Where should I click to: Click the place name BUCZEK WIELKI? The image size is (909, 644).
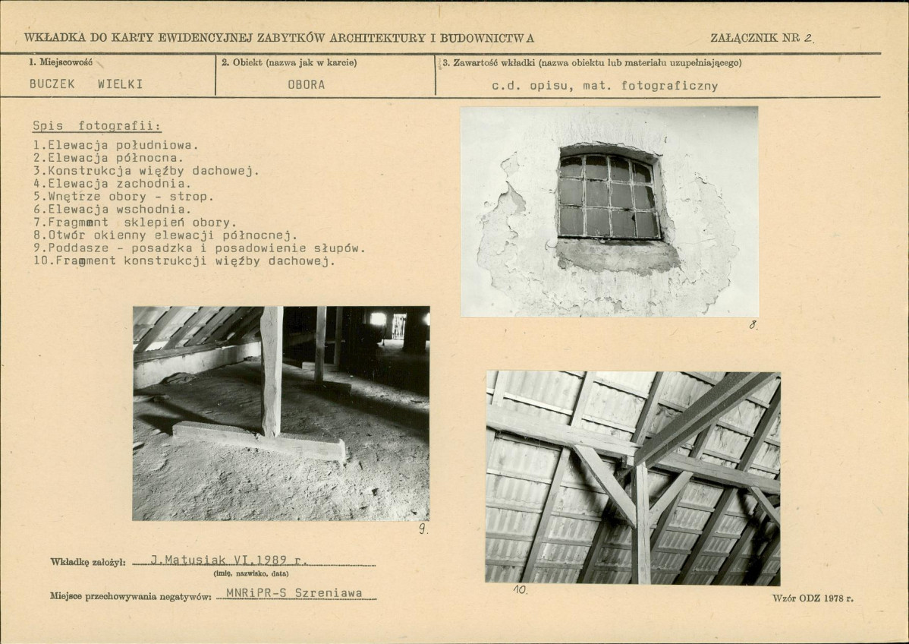[x=86, y=84]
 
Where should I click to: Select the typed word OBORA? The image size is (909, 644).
[x=306, y=85]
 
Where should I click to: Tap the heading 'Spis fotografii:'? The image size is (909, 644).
[x=97, y=126]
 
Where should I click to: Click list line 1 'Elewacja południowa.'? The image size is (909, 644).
[x=116, y=145]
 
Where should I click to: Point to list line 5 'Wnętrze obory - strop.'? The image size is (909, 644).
[x=124, y=196]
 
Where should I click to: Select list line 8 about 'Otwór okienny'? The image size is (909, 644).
[x=165, y=235]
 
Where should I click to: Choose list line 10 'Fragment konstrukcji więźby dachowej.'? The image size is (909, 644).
[x=184, y=260]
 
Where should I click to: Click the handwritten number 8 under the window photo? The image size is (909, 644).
[x=753, y=325]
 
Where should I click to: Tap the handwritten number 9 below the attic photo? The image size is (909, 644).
[x=423, y=529]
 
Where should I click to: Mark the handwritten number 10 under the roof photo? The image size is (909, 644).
[x=520, y=589]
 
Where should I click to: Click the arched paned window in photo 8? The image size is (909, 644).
[x=609, y=194]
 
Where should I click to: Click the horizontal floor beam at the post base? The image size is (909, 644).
[x=259, y=441]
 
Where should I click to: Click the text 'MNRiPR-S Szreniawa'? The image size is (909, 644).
[x=294, y=593]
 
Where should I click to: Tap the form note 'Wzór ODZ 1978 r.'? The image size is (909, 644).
[x=813, y=598]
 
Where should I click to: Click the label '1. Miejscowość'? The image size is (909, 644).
[x=60, y=62]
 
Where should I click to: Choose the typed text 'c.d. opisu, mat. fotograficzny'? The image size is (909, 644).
[x=605, y=86]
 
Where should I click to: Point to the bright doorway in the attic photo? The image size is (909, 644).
[x=398, y=326]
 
